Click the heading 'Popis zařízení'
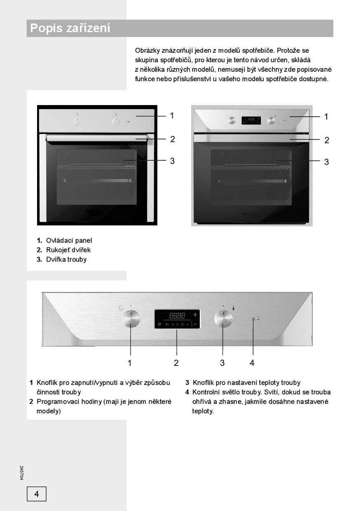point(70,28)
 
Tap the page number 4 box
point(37,494)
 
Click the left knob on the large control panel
point(131,319)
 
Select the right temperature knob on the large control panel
point(223,319)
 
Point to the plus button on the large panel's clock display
point(195,314)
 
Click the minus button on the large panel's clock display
point(195,324)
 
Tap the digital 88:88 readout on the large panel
point(177,316)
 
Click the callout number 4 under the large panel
point(252,363)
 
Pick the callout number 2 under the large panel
point(176,363)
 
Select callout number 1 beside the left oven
point(172,116)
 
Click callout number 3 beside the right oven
point(327,162)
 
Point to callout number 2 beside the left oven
point(173,139)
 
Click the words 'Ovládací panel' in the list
point(69,240)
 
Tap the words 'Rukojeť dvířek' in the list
point(68,250)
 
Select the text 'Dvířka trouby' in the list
point(66,259)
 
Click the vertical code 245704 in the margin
point(21,473)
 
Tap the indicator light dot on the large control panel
point(253,319)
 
